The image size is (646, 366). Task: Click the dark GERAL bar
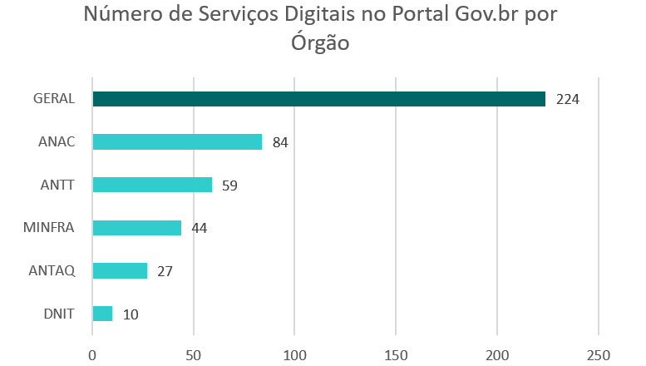(318, 99)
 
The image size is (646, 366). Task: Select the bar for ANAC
(177, 142)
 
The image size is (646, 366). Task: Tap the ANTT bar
(152, 185)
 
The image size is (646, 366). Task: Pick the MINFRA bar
(136, 228)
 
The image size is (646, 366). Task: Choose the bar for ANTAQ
(120, 271)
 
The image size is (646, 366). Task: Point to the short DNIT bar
(102, 314)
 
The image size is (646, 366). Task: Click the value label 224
(567, 99)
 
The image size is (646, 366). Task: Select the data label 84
(280, 142)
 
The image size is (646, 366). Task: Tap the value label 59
(229, 185)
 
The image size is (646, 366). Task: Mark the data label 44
(199, 228)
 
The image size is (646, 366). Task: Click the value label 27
(165, 271)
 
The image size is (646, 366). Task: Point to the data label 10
(131, 314)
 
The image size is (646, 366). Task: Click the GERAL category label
(54, 99)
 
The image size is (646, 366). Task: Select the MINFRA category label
(50, 228)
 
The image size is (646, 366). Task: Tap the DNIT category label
(59, 314)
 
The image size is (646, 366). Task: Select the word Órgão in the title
(320, 42)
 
